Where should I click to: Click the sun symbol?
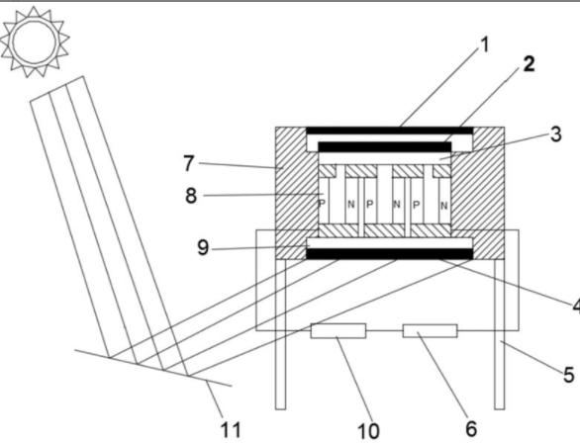[x=35, y=42]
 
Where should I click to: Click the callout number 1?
[x=484, y=44]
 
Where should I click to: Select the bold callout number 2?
[x=529, y=63]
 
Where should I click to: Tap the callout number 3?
[x=556, y=134]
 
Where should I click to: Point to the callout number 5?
[x=569, y=375]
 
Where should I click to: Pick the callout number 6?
[x=471, y=428]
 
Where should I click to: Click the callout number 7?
[x=189, y=163]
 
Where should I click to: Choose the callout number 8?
[x=191, y=196]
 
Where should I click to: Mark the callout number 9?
[x=203, y=247]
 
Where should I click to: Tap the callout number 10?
[x=368, y=430]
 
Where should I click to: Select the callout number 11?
[x=231, y=429]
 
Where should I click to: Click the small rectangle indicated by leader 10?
[x=338, y=330]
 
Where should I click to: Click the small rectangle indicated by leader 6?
[x=430, y=330]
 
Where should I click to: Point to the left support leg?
[x=281, y=334]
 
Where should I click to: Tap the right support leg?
[x=500, y=334]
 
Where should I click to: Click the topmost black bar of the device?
[x=390, y=131]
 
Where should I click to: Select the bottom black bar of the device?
[x=390, y=254]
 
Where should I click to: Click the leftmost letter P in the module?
[x=322, y=204]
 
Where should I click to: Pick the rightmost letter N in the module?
[x=444, y=206]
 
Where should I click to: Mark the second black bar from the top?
[x=385, y=146]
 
